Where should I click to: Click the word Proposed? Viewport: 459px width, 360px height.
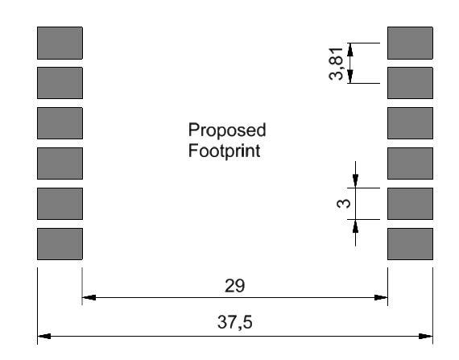coord(227,130)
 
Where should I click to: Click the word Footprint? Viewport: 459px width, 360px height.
coord(224,151)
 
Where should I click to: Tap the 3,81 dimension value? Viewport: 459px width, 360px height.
coord(336,63)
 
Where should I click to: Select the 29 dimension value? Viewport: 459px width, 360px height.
coord(235,286)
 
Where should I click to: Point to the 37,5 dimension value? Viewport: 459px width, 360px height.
coord(235,322)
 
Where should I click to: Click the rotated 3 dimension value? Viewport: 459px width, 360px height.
coord(343,203)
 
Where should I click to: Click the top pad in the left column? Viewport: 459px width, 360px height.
coord(60,43)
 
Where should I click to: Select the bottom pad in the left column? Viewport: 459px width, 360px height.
coord(60,244)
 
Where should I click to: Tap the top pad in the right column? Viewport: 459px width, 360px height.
coord(410,43)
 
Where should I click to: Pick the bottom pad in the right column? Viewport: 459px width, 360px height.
coord(410,244)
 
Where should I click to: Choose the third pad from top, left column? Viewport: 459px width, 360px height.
coord(60,123)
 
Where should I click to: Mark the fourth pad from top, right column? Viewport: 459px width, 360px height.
coord(410,163)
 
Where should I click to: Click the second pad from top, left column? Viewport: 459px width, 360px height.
coord(60,83)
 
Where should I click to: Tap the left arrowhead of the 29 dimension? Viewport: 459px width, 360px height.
coord(89,297)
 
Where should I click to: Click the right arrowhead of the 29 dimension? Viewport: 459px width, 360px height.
coord(381,297)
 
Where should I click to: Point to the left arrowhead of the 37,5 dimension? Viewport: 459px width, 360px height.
coord(44,336)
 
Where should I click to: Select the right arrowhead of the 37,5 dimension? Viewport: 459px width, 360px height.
coord(426,336)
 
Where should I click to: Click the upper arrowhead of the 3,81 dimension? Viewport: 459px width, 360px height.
coord(350,49)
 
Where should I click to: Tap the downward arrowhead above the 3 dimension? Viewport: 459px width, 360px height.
coord(355,181)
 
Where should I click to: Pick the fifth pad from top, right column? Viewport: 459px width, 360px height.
coord(410,204)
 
